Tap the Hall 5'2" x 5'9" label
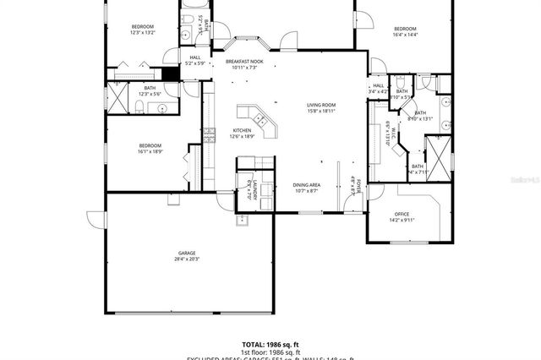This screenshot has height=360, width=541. (x=195, y=60)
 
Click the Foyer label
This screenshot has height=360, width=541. (x=357, y=186)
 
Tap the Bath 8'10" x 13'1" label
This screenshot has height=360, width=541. (x=419, y=116)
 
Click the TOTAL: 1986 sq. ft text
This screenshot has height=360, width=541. (x=270, y=344)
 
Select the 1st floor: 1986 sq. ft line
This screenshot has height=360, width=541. (x=270, y=352)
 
